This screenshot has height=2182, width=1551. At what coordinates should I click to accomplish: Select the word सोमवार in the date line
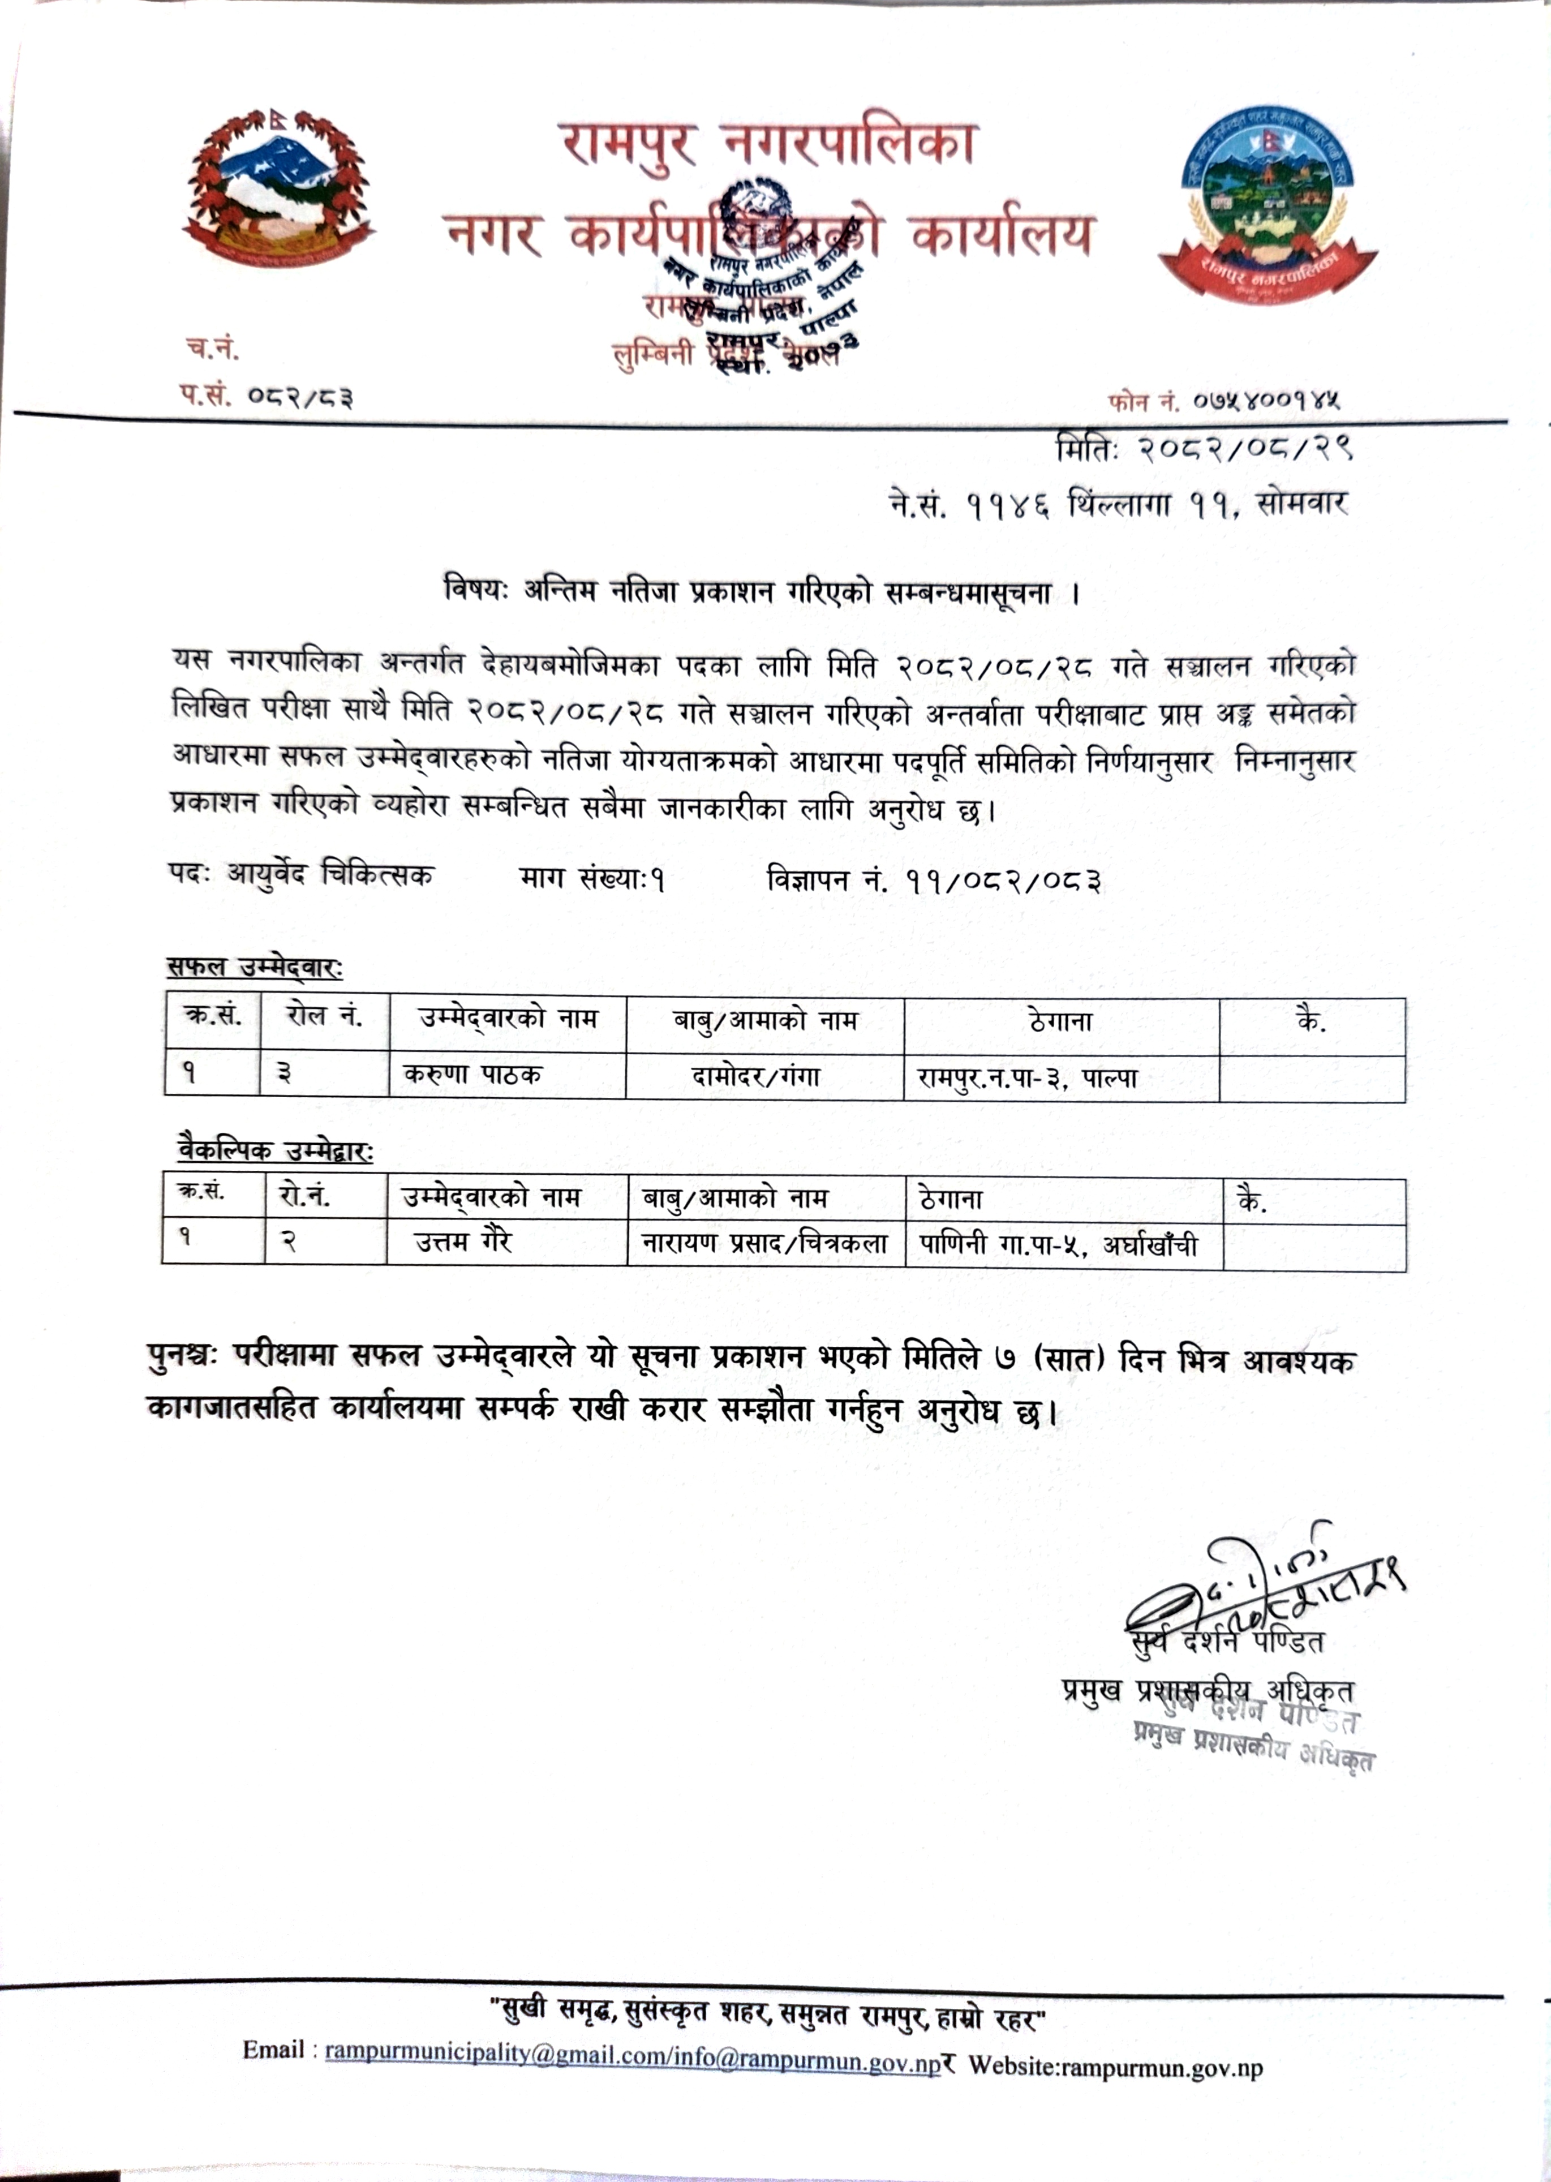(x=1301, y=503)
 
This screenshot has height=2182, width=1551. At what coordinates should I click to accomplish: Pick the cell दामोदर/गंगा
(x=755, y=1077)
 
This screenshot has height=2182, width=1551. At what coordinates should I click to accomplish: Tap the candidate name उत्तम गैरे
(x=463, y=1242)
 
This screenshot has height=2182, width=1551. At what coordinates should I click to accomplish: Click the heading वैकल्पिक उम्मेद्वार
(x=275, y=1152)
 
